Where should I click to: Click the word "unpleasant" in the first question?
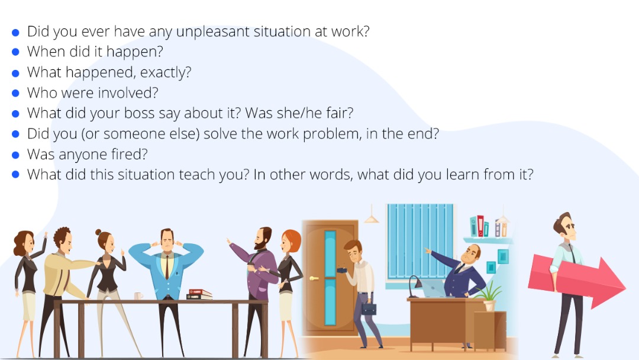tap(212, 32)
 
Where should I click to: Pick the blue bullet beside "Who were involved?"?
tap(15, 94)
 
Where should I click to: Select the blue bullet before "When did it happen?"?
tap(15, 52)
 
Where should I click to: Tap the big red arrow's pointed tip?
tap(625, 287)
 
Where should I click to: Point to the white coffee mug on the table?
tap(138, 296)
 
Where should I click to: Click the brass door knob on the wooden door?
tap(314, 278)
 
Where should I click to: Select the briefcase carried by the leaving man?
tap(369, 308)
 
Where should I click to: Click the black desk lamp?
tap(414, 286)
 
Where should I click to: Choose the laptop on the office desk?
tap(433, 289)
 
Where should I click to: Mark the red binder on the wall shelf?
tap(480, 226)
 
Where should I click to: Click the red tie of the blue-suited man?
tap(167, 267)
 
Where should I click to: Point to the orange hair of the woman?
tap(293, 240)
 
